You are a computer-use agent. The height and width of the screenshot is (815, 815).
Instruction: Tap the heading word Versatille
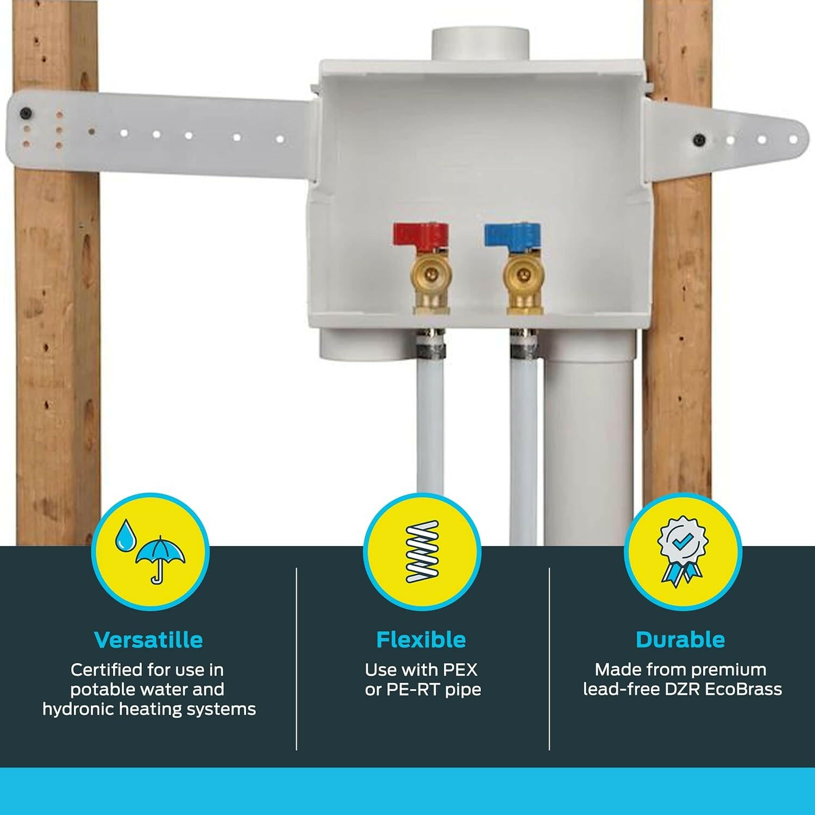click(148, 640)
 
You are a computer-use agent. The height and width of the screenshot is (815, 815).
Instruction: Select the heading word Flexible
click(421, 640)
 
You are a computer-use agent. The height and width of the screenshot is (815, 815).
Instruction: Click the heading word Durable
click(680, 640)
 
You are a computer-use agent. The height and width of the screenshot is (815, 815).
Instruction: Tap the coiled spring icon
click(422, 552)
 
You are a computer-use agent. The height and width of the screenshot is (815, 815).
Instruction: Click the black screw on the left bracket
click(25, 114)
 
